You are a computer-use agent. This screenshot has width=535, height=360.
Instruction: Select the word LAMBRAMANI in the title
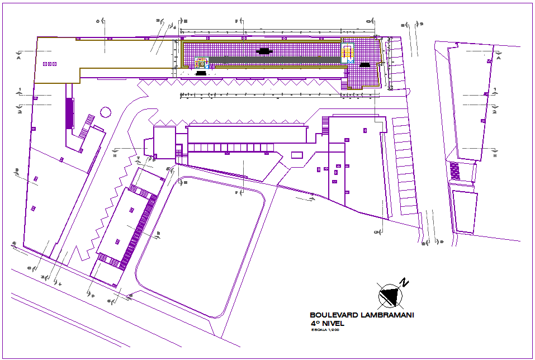pos(386,315)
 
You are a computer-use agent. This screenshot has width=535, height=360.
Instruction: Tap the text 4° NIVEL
pos(328,323)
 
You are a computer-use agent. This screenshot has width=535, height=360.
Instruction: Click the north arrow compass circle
pos(390,295)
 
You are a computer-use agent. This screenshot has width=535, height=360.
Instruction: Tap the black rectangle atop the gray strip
pos(264,51)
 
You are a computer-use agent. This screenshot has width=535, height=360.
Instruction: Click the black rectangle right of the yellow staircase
pos(365,65)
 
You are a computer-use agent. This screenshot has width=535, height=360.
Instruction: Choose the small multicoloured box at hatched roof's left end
pos(201,63)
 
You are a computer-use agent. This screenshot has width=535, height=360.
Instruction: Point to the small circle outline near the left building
pos(106,112)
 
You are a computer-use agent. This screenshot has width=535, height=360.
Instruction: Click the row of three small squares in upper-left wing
pos(50,64)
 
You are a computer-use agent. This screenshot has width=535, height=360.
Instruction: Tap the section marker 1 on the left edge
pos(20,89)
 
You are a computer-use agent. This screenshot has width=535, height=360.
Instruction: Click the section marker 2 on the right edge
pos(495,112)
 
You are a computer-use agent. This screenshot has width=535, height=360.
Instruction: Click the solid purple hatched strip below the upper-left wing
pos(70,113)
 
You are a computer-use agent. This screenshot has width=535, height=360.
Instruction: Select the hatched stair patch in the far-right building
pos(454,170)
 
